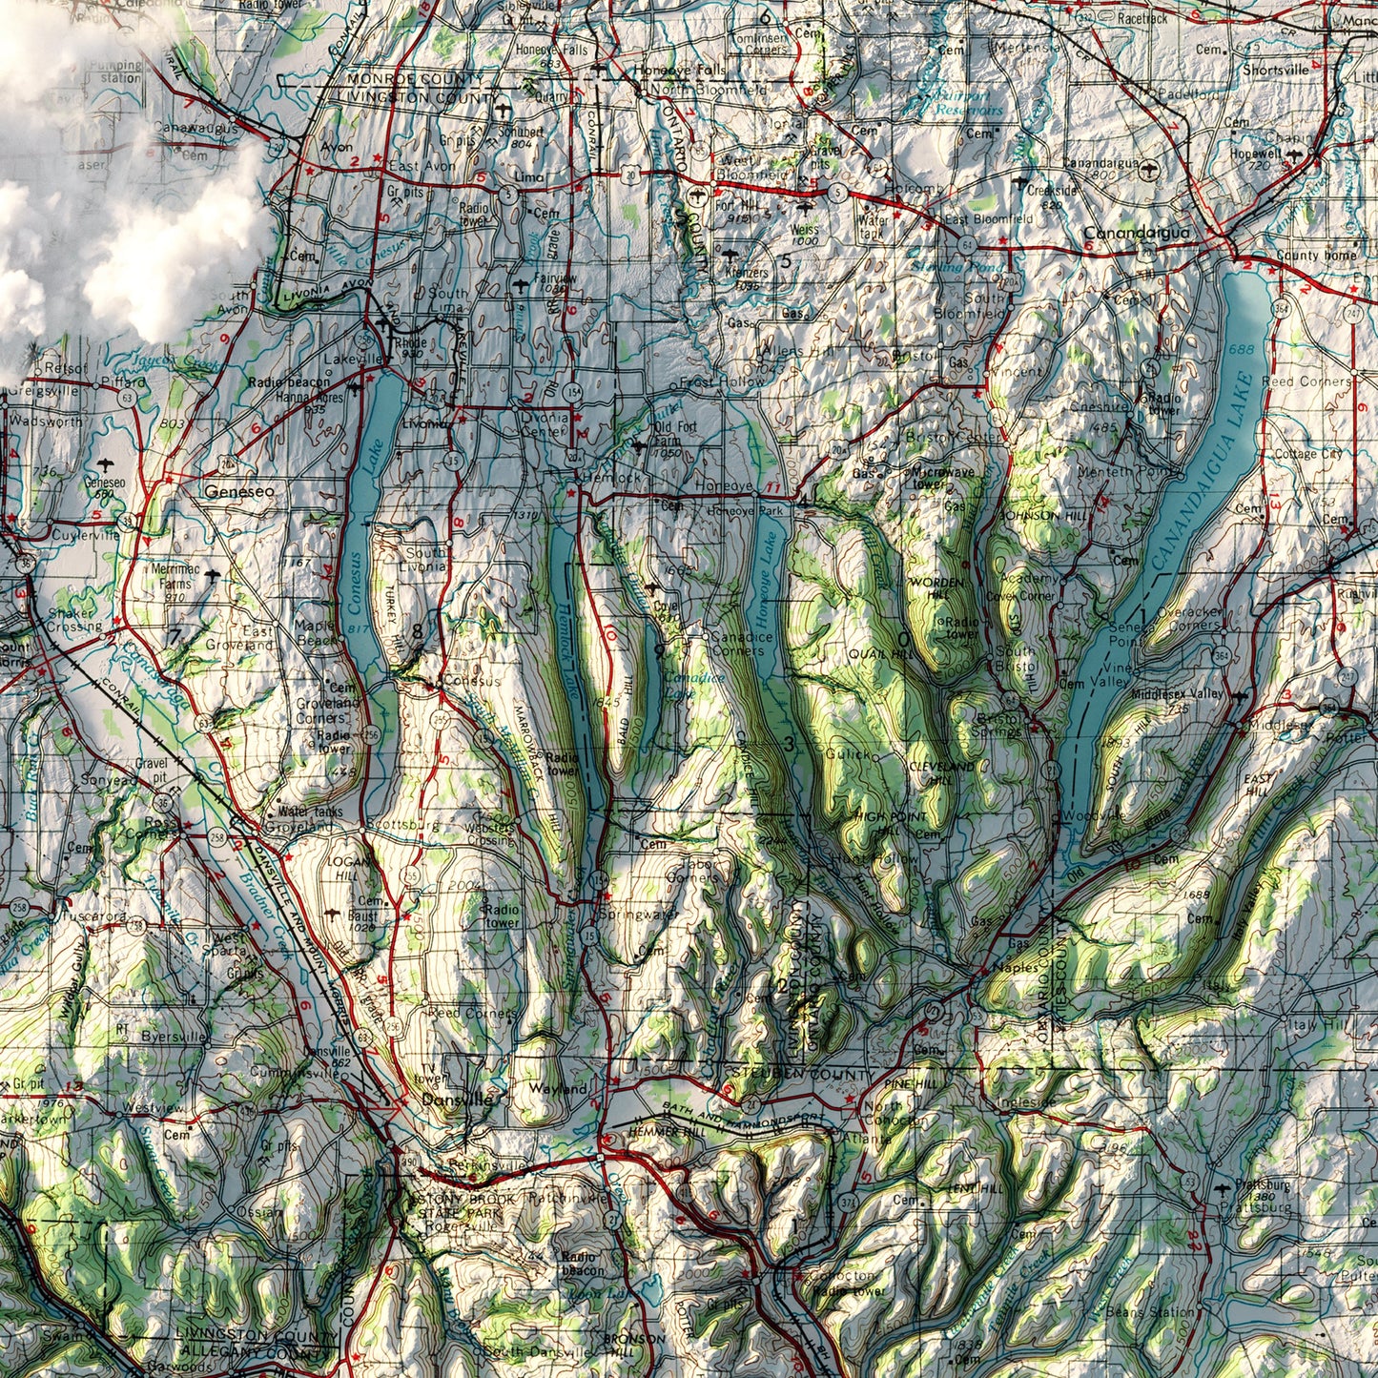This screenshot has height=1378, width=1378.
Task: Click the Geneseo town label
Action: [x=238, y=491]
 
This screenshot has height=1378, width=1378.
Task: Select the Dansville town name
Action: [x=457, y=1099]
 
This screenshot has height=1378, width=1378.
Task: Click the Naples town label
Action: [x=1015, y=967]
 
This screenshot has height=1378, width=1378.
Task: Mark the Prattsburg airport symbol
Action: [x=1223, y=1188]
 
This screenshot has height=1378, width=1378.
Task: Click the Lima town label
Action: [x=528, y=177]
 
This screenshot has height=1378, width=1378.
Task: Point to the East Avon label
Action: [x=422, y=167]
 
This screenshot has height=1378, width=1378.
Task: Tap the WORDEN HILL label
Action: [x=930, y=586]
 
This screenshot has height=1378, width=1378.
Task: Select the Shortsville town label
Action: [x=1275, y=70]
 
